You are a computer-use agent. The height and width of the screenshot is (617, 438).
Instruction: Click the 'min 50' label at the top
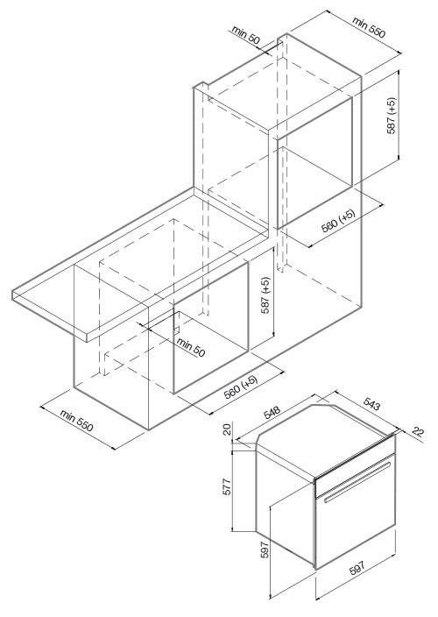(x=246, y=35)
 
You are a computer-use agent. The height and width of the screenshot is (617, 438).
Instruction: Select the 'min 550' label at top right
(x=369, y=26)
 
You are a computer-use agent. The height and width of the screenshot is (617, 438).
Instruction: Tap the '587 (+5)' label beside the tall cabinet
(x=392, y=116)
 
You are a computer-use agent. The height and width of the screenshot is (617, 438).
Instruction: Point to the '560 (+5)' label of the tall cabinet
(x=338, y=220)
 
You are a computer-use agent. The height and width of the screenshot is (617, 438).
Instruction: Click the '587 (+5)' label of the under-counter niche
(x=266, y=295)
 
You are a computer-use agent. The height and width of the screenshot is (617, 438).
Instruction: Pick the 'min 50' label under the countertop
(x=191, y=347)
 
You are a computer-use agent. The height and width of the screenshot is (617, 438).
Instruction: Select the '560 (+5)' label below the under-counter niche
(x=240, y=387)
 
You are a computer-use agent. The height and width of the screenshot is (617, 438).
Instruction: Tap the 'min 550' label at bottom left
(x=77, y=420)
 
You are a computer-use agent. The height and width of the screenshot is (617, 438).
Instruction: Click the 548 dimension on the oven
(x=272, y=412)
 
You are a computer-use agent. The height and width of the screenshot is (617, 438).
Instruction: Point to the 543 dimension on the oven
(x=371, y=404)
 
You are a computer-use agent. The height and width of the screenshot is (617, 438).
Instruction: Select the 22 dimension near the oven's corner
(x=418, y=432)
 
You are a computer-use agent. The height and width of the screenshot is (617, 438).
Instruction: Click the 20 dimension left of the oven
(x=227, y=429)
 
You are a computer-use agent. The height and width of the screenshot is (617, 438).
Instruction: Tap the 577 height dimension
(x=227, y=486)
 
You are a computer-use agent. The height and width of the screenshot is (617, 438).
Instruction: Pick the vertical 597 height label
(x=265, y=550)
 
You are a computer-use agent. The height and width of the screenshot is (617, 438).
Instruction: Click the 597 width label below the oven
(x=357, y=568)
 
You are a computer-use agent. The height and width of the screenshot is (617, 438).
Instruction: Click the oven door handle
(x=357, y=482)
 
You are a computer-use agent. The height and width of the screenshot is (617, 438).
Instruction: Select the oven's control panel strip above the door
(x=355, y=465)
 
